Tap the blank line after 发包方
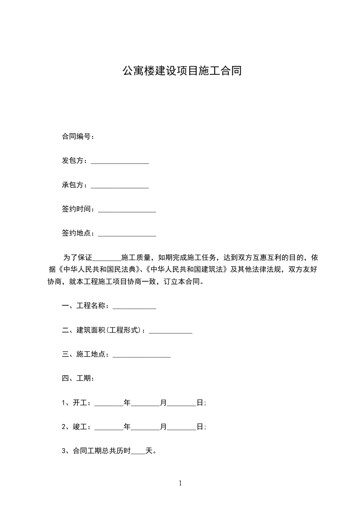pos(120,162)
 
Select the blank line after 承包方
pos(120,186)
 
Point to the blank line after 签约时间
pos(127,210)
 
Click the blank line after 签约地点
pos(127,234)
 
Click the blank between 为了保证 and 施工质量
pos(107,258)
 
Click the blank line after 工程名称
pos(134,307)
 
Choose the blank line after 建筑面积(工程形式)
pos(171,331)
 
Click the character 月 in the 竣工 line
pos(163,427)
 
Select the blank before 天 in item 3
pos(138,451)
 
